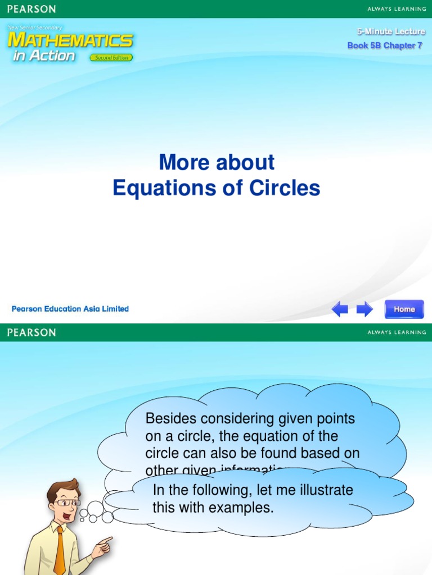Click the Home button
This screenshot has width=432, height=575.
[x=404, y=309]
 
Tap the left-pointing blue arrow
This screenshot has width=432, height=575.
[x=339, y=309]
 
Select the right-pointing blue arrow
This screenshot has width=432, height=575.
[x=364, y=309]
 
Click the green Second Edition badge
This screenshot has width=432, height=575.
[x=111, y=57]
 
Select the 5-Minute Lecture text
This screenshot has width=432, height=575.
[x=391, y=32]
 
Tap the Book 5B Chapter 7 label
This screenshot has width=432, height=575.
[x=385, y=45]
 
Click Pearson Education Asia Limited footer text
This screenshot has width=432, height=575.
[x=70, y=309]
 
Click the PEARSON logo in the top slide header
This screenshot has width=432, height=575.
[x=31, y=9]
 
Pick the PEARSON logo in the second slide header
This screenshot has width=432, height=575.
[x=31, y=332]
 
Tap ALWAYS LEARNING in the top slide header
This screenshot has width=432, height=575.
[x=397, y=9]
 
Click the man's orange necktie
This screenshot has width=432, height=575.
[x=60, y=551]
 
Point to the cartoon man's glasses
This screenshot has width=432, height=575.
[x=67, y=503]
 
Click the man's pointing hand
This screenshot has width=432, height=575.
[x=102, y=544]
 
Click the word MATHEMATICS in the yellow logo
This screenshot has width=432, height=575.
[x=70, y=40]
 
